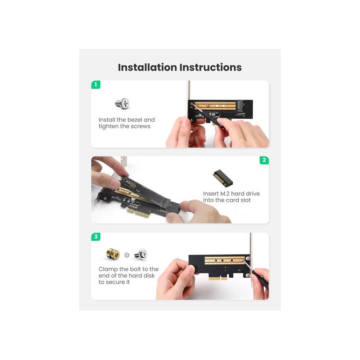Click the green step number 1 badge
coord(96,85)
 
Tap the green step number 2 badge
coord(264,160)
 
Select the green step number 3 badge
coord(96,237)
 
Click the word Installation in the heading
coord(147,67)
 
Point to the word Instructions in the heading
coord(211,67)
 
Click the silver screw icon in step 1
coord(122,104)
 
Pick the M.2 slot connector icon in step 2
coord(222,178)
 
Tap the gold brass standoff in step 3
coord(113,254)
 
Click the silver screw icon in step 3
coord(140,254)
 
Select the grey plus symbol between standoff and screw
coord(127,255)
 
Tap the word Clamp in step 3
coord(108,269)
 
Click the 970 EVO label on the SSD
coord(131,184)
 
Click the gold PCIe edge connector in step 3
coord(218,278)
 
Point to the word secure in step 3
coord(114,282)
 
